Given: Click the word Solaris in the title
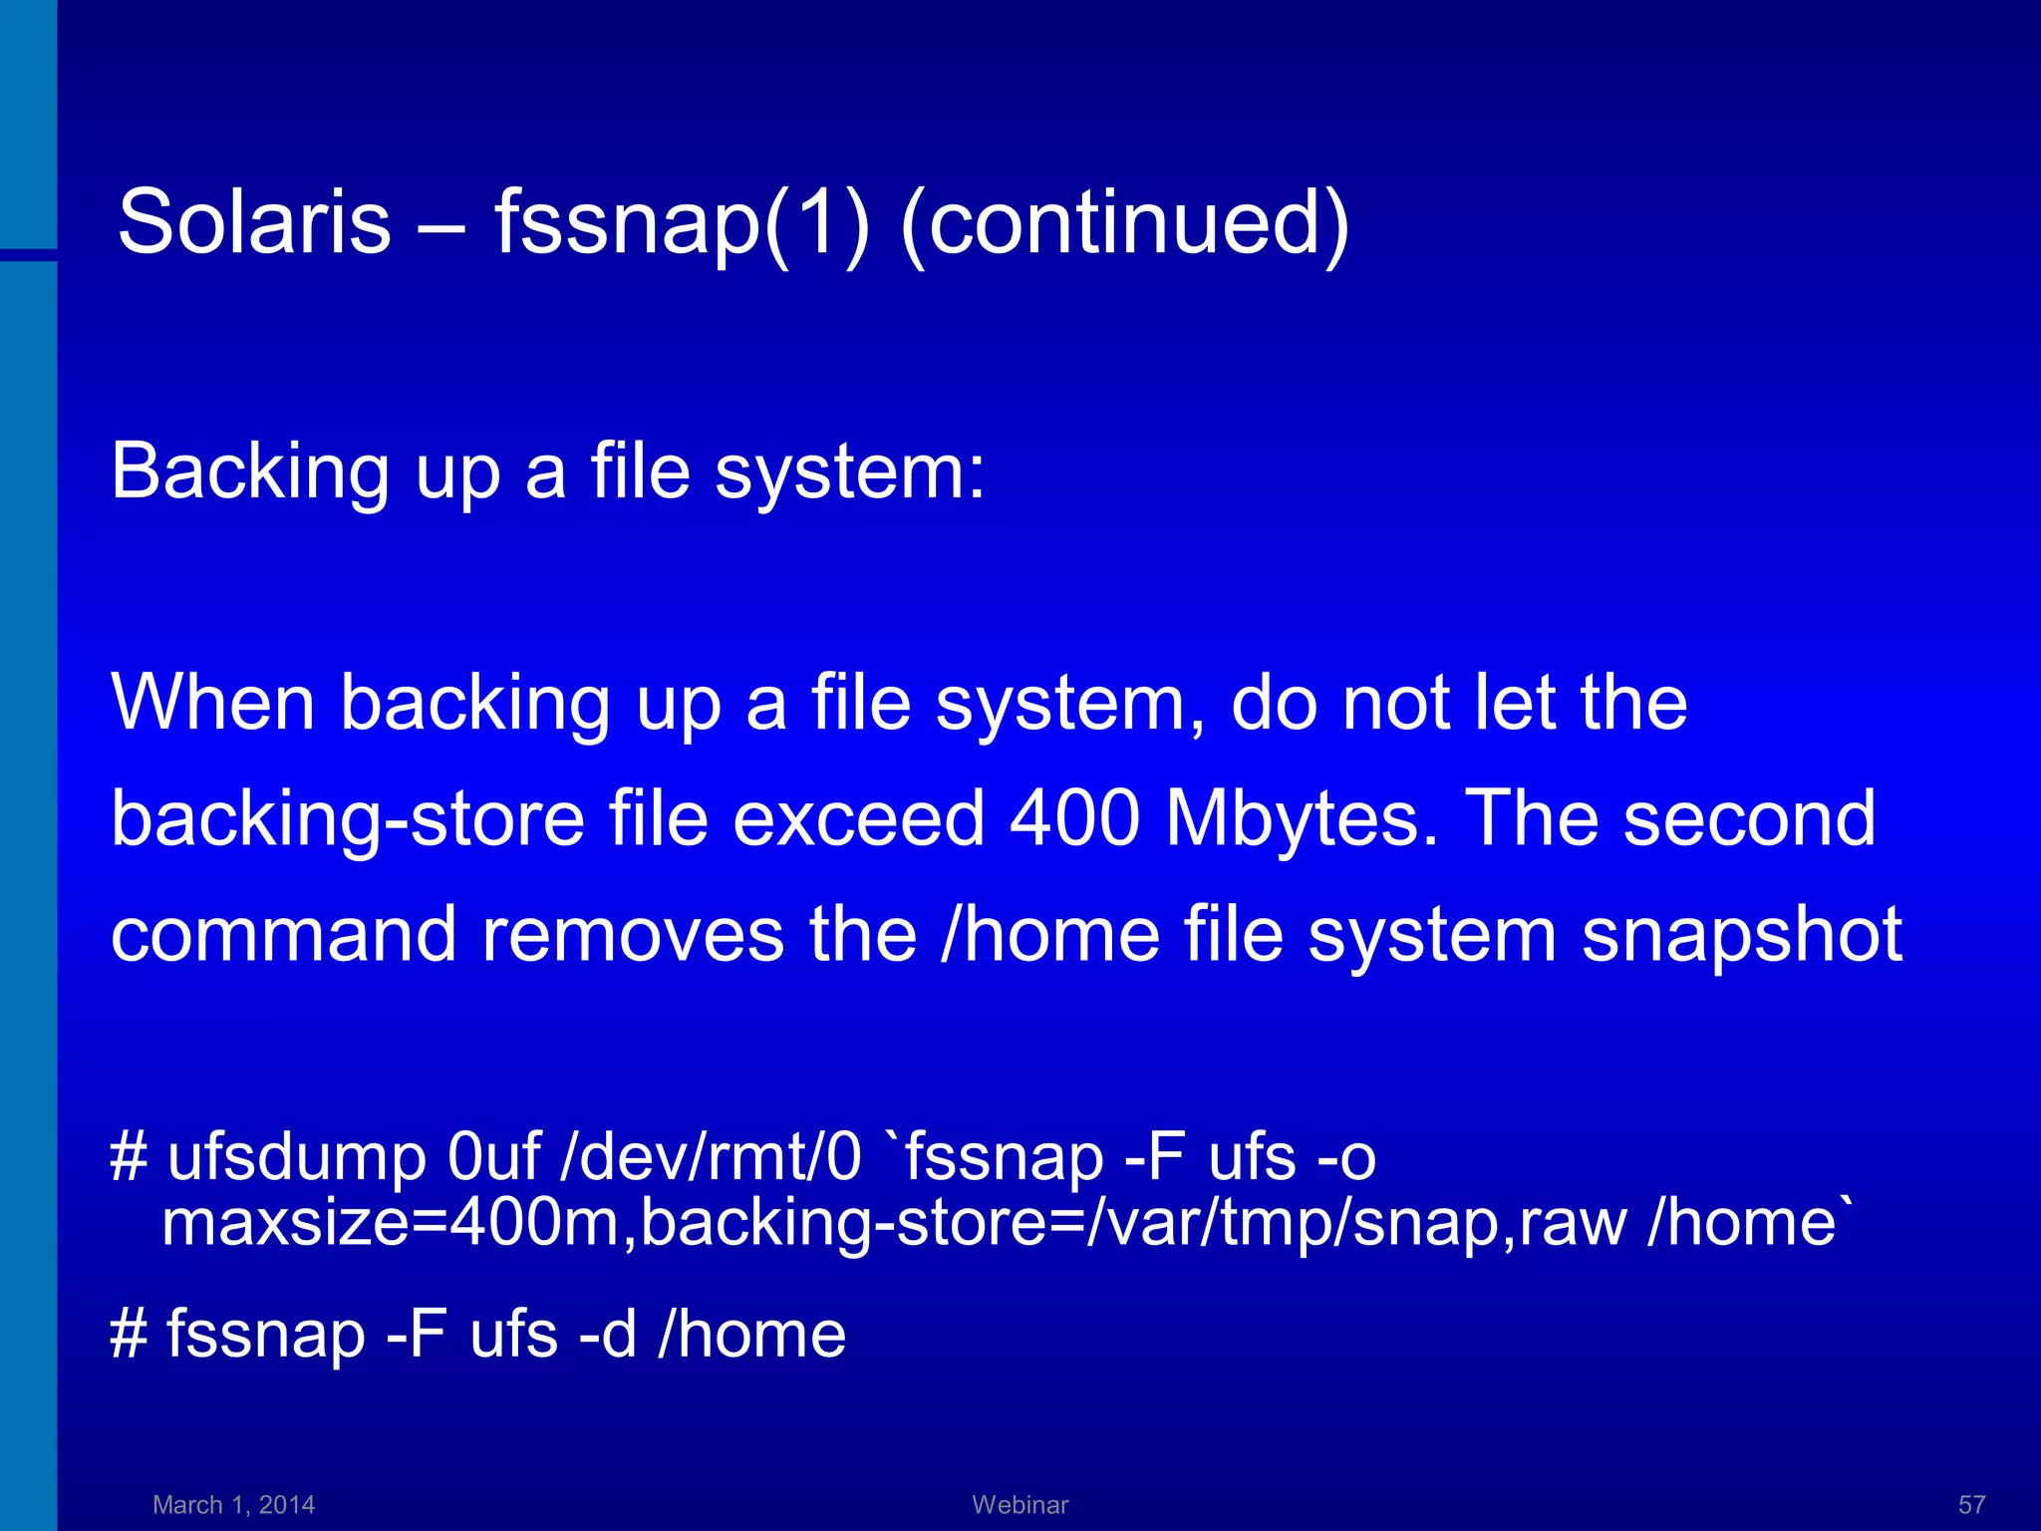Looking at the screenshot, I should [254, 221].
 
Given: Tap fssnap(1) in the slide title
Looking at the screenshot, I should [682, 221].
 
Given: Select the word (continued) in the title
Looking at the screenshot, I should [1124, 221].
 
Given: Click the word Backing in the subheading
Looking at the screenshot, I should [250, 471].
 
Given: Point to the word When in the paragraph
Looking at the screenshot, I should [212, 703].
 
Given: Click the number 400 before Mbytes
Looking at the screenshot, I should [1074, 818].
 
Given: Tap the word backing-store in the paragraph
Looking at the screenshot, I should [348, 818].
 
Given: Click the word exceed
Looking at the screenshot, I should [859, 818].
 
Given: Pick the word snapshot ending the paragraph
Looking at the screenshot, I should [1742, 935].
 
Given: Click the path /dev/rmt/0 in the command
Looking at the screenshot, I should [711, 1158].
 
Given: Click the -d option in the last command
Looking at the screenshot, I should [607, 1335].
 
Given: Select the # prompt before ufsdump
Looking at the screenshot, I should [129, 1158].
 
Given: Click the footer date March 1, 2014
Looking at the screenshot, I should [233, 1504].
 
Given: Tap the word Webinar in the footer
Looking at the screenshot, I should [1020, 1504].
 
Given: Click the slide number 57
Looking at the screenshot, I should [1971, 1504].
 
